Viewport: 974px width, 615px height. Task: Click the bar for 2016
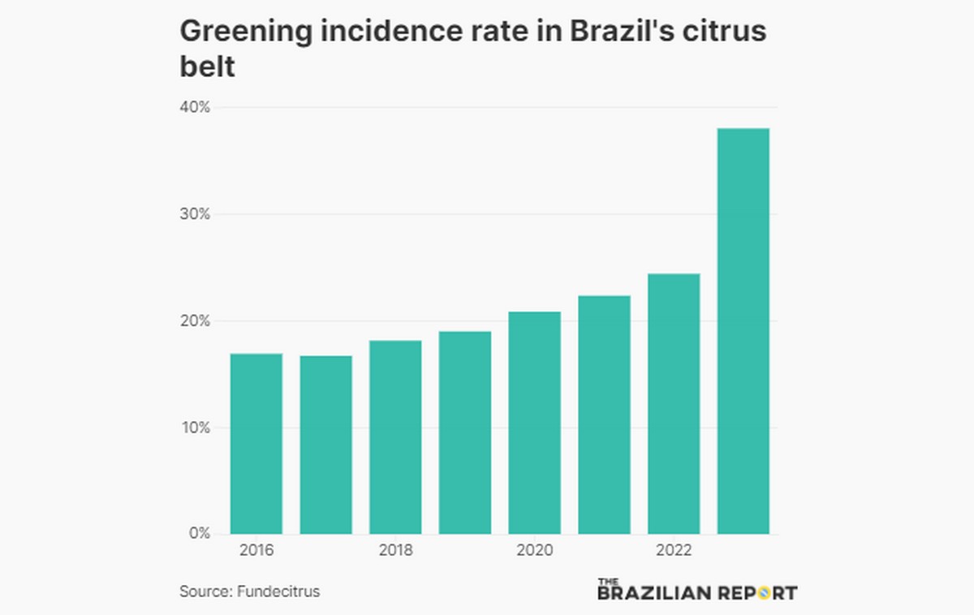[x=256, y=444]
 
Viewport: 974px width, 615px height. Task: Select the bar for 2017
[x=326, y=445]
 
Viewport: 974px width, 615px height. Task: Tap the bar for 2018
[x=395, y=437]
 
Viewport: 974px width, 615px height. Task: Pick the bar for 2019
[x=465, y=432]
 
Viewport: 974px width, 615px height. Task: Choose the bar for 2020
[x=535, y=423]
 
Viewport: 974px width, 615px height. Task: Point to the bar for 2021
[x=605, y=415]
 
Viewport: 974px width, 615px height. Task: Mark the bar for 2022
[x=674, y=404]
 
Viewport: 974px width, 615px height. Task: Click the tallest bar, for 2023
[x=743, y=331]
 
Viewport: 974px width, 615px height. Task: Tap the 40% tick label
[x=195, y=107]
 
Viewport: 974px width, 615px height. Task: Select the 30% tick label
[x=195, y=214]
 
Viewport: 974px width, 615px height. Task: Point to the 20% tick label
[x=195, y=320]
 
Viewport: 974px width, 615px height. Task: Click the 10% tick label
[x=195, y=428]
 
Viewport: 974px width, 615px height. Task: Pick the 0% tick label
[x=200, y=534]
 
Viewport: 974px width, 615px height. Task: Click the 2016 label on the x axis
[x=256, y=551]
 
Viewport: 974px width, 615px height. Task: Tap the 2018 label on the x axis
[x=395, y=551]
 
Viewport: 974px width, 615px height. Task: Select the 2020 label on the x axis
[x=535, y=551]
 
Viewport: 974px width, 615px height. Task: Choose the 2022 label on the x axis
[x=674, y=551]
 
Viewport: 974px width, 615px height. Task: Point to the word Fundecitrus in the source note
[x=278, y=591]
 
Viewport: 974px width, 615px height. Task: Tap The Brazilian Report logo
[x=696, y=590]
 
